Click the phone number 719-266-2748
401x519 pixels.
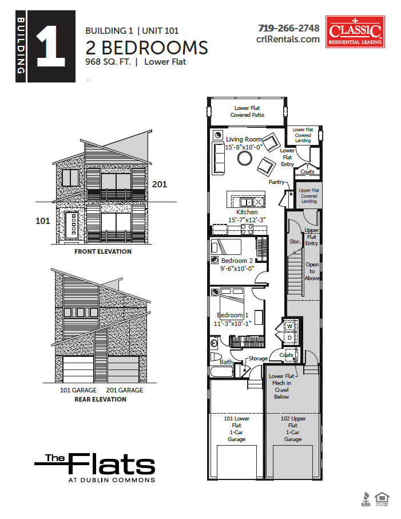pyautogui.click(x=288, y=27)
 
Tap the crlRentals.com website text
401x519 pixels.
pyautogui.click(x=288, y=39)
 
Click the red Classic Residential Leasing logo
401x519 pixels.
pyautogui.click(x=355, y=32)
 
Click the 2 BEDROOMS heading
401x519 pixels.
pyautogui.click(x=146, y=46)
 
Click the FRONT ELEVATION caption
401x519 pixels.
pyautogui.click(x=102, y=251)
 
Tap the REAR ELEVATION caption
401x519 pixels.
pyautogui.click(x=100, y=399)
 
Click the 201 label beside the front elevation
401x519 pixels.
pyautogui.click(x=159, y=184)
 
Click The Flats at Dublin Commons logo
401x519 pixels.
pyautogui.click(x=94, y=467)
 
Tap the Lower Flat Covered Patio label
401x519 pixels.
pyautogui.click(x=248, y=112)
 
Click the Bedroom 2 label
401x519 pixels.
pyautogui.click(x=235, y=261)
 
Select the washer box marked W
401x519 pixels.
pyautogui.click(x=289, y=327)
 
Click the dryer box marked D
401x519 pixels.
pyautogui.click(x=289, y=339)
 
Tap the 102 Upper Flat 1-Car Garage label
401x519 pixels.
pyautogui.click(x=293, y=428)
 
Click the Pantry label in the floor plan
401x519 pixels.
pyautogui.click(x=277, y=182)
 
